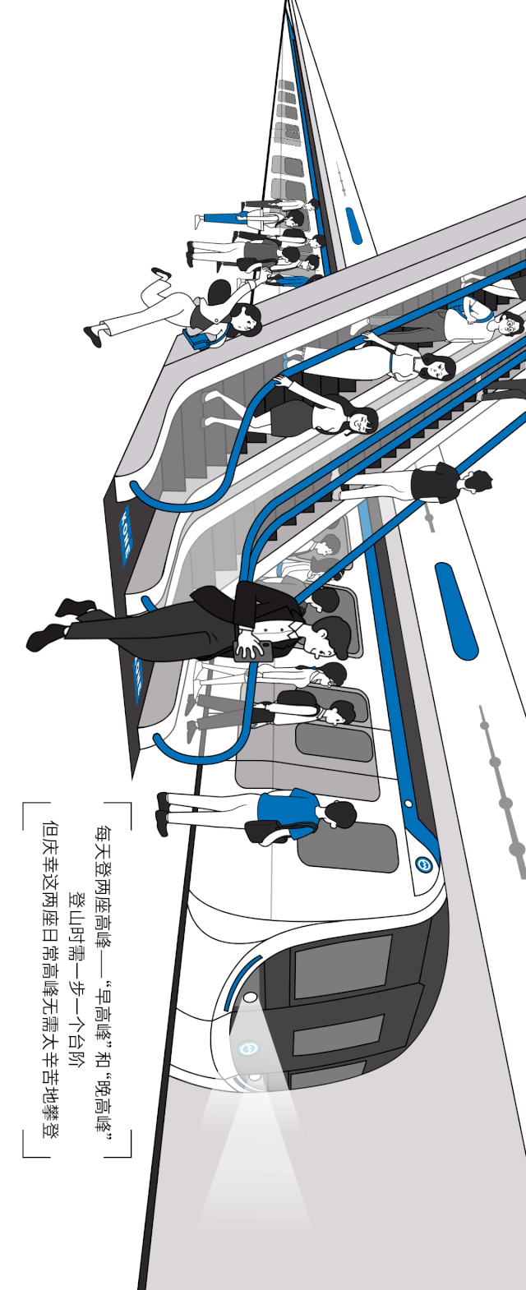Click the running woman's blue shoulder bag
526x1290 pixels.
click(x=196, y=338)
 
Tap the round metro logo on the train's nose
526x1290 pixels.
click(x=248, y=1048)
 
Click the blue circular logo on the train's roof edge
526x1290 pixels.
click(x=424, y=864)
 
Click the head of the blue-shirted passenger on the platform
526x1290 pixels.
click(x=339, y=814)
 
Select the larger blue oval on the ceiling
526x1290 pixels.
click(x=455, y=610)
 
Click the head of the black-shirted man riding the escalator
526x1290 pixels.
click(x=475, y=480)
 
